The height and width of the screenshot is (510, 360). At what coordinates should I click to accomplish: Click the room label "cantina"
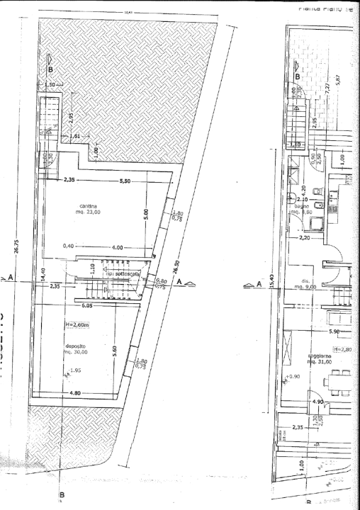tap(89, 206)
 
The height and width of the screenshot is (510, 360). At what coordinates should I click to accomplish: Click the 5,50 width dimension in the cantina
tap(125, 181)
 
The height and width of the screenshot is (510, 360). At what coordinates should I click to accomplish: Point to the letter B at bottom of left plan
tap(62, 494)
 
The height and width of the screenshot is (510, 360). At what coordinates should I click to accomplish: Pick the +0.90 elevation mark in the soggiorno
tap(293, 376)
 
